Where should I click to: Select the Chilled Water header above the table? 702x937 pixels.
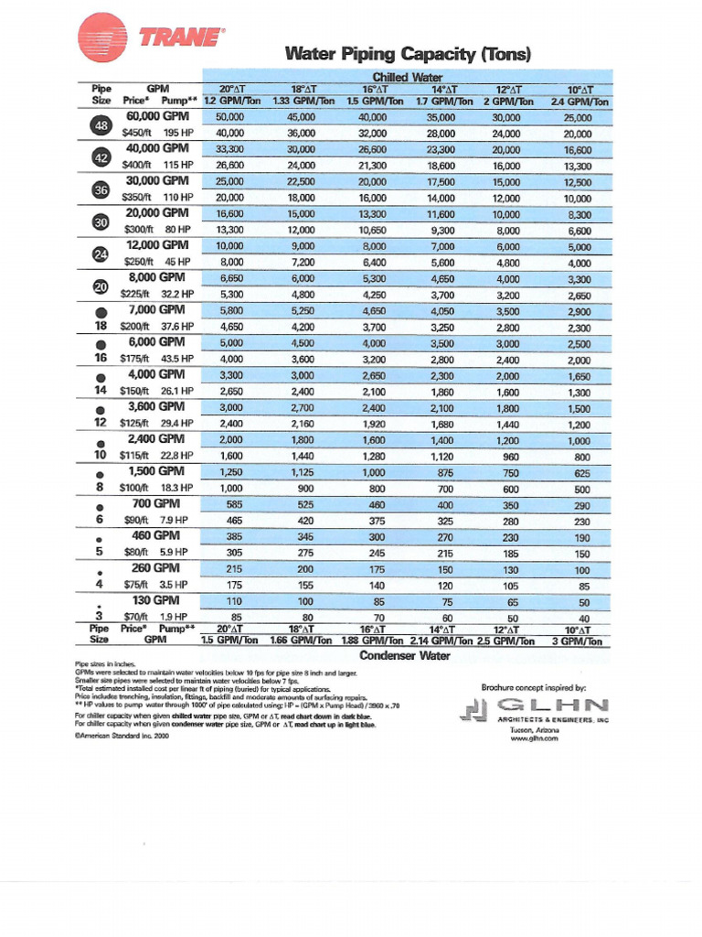click(x=407, y=78)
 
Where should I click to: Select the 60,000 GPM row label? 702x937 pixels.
click(x=157, y=116)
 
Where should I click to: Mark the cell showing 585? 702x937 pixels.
click(x=229, y=505)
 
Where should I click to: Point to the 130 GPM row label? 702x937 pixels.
click(x=157, y=600)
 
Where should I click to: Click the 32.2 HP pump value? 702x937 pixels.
click(x=177, y=295)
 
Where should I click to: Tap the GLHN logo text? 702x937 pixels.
click(x=551, y=704)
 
